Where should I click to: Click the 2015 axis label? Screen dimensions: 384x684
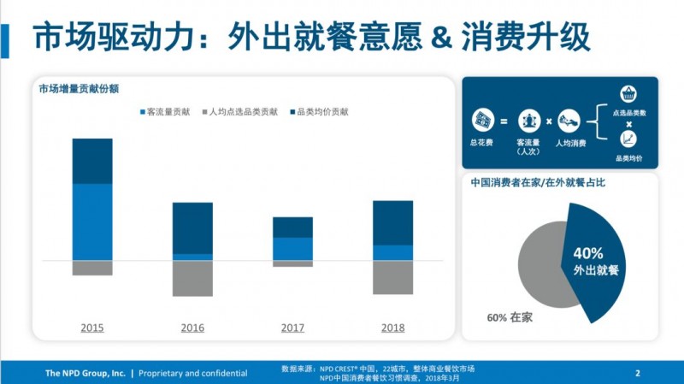(x=92, y=328)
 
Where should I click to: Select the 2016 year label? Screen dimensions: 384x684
(x=192, y=328)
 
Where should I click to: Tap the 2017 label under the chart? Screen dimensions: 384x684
(x=292, y=328)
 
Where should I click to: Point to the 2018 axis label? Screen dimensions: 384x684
(x=392, y=328)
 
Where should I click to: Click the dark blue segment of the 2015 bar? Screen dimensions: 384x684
(x=92, y=161)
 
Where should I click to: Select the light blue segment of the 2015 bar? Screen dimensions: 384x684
(x=92, y=222)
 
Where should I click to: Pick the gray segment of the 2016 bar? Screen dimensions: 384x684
(x=192, y=278)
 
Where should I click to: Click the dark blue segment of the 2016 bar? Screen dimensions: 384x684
(x=192, y=228)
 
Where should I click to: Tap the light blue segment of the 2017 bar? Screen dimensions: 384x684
(x=292, y=248)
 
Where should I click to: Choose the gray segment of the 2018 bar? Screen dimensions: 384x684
(x=392, y=277)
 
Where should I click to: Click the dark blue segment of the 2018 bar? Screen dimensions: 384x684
(x=392, y=222)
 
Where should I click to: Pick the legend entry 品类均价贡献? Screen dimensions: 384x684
(x=320, y=111)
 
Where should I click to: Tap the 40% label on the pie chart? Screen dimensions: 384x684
(x=588, y=253)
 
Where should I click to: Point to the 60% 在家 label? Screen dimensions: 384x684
(x=510, y=317)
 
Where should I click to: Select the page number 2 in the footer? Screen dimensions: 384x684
(x=638, y=373)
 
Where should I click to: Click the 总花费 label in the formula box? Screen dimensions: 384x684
(x=482, y=144)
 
